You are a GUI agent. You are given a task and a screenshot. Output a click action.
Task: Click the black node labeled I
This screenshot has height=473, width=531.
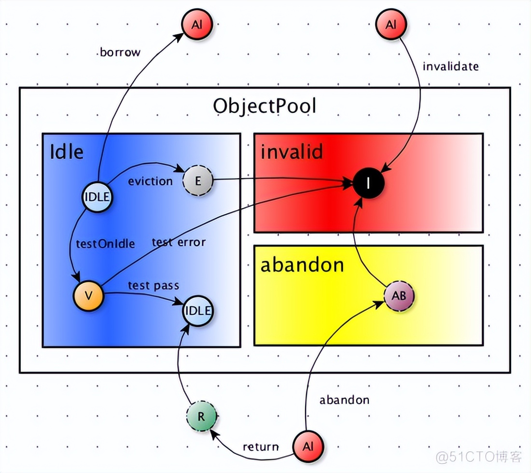coord(368,183)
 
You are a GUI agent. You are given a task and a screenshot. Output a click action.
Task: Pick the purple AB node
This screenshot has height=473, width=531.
coord(399,296)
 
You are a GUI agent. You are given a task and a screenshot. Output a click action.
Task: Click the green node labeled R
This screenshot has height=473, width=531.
coord(201,416)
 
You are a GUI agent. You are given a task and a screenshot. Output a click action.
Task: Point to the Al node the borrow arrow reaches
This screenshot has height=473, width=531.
coord(196,24)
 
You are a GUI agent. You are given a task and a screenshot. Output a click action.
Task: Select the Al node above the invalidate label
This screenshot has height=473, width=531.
coord(391,24)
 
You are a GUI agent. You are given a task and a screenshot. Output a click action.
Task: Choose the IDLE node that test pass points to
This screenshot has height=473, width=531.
coord(198,311)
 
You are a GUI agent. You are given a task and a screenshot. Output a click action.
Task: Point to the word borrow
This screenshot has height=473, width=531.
coord(120,52)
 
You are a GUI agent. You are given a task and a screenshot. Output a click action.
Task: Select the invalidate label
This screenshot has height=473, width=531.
coord(450,66)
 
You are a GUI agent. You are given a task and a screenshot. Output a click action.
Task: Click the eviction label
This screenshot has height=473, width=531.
coord(150,181)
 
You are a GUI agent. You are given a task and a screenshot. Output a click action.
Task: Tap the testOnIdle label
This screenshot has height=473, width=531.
coord(105,243)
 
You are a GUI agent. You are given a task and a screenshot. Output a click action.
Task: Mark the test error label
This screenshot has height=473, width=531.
coord(179,242)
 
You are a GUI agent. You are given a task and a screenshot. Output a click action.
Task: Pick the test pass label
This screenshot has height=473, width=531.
coord(153,285)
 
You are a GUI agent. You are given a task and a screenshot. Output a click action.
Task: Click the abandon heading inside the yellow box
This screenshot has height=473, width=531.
coord(302,265)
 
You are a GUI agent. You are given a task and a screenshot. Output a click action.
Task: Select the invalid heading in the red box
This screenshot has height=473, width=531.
coord(292,152)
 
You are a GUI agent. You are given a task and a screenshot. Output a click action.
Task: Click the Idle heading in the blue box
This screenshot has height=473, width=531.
coord(67,152)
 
